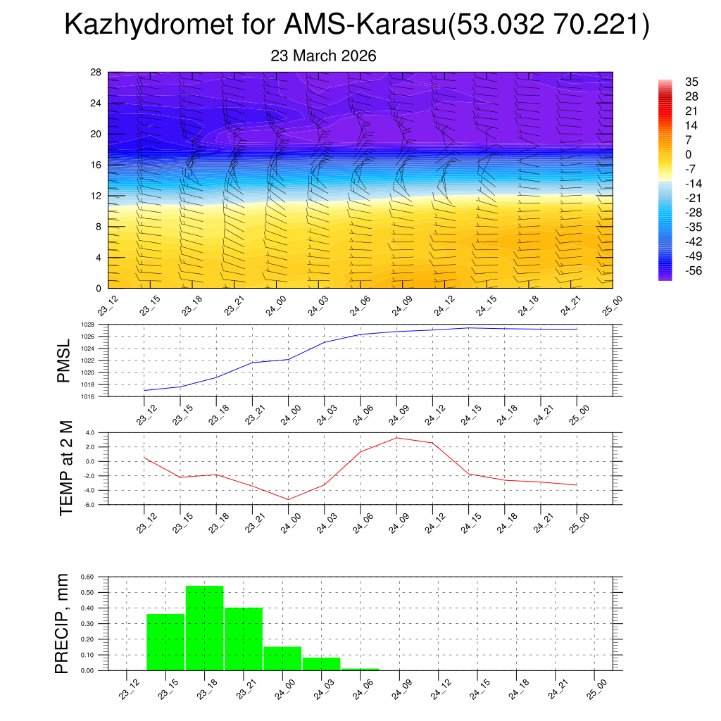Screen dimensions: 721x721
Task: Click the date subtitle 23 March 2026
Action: click(324, 56)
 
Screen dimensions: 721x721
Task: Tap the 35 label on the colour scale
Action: click(691, 82)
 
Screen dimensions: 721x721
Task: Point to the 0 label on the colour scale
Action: click(688, 154)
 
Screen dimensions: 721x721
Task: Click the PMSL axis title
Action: click(64, 360)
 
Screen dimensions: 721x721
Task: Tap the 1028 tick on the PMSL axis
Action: click(87, 325)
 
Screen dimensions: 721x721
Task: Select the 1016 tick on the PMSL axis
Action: click(87, 396)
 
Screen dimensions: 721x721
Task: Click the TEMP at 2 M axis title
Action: click(66, 468)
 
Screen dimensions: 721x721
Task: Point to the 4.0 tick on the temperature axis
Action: click(89, 432)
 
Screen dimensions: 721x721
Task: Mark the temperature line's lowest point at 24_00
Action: click(288, 499)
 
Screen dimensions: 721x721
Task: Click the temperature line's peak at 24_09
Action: click(396, 438)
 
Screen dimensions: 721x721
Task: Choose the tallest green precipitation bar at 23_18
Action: click(205, 628)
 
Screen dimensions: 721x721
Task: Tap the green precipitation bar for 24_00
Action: click(283, 658)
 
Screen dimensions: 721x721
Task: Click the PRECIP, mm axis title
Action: click(64, 623)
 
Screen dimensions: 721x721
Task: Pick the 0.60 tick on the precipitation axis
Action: click(87, 577)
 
